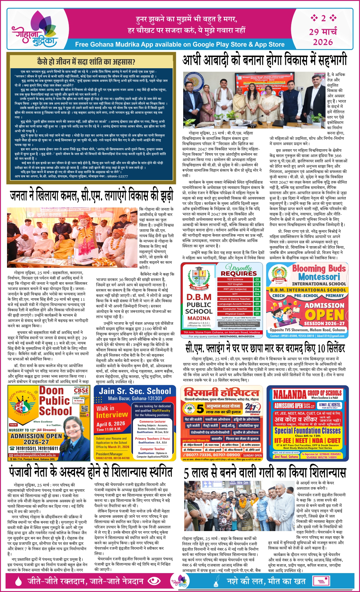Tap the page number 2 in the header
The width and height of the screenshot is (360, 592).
(x=323, y=18)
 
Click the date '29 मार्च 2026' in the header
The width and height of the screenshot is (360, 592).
(x=323, y=36)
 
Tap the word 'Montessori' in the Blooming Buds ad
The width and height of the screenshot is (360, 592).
(x=319, y=277)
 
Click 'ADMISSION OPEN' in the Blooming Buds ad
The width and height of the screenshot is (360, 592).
(x=324, y=311)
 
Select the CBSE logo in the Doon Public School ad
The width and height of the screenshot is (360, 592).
(x=81, y=390)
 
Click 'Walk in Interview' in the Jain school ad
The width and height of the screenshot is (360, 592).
(x=112, y=412)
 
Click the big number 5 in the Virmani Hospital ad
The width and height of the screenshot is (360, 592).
(x=200, y=409)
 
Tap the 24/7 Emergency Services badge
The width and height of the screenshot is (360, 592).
(x=252, y=408)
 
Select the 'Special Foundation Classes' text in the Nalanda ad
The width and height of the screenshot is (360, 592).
(x=307, y=431)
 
